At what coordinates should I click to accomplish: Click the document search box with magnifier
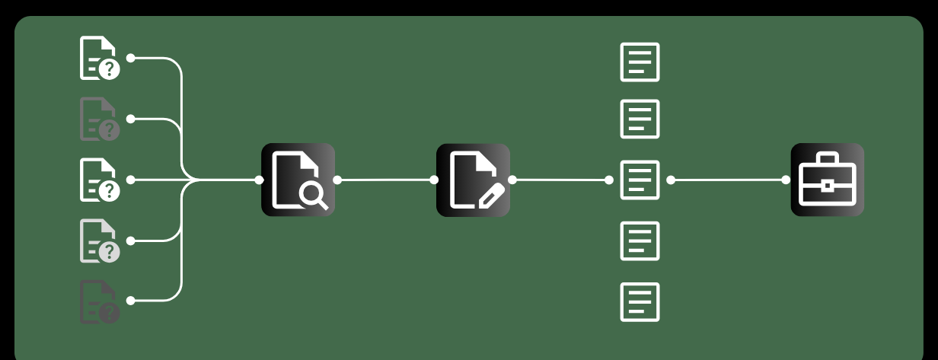tap(298, 180)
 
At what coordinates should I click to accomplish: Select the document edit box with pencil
tap(473, 180)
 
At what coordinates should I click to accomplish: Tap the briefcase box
tap(827, 180)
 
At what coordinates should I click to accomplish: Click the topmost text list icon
tap(640, 62)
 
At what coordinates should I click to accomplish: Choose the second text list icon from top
tap(640, 119)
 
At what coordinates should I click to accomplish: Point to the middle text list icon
tap(640, 180)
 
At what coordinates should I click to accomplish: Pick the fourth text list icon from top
tap(640, 241)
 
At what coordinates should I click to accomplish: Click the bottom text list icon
tap(640, 302)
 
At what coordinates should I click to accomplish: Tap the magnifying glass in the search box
tap(313, 195)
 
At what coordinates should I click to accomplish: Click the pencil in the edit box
tap(491, 196)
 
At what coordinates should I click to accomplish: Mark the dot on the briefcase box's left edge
tap(786, 180)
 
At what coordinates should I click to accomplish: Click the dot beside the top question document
tap(130, 58)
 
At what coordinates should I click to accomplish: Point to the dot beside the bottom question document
tap(130, 301)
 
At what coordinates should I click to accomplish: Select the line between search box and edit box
tap(386, 180)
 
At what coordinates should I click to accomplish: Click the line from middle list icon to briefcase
tap(728, 180)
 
